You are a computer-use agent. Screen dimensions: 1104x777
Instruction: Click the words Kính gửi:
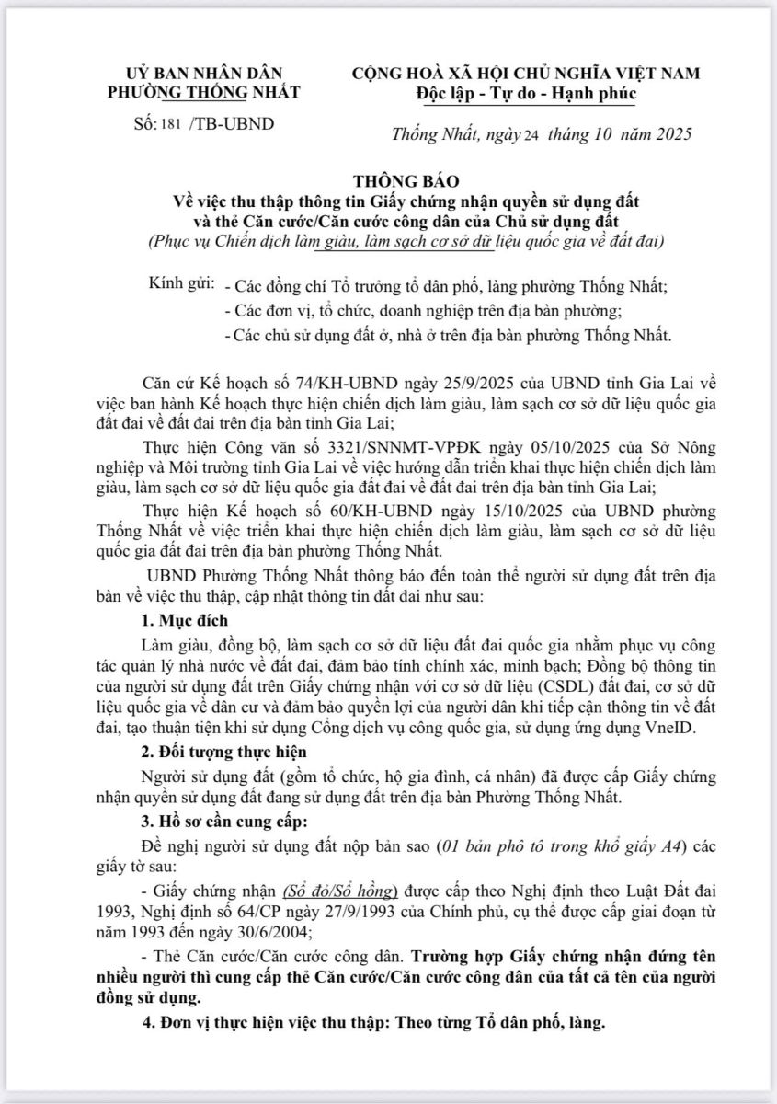point(182,285)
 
